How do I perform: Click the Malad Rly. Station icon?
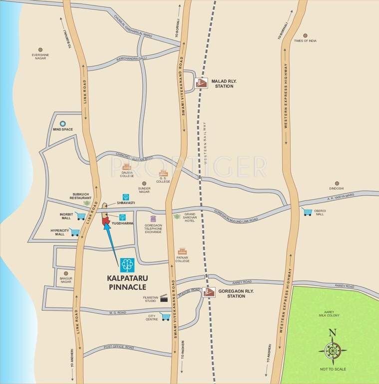(201, 83)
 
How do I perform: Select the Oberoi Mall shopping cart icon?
(308, 212)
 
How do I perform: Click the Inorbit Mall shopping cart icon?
(81, 216)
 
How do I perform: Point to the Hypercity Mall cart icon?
(75, 231)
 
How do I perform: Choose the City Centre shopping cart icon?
(165, 316)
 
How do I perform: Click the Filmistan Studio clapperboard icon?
(163, 299)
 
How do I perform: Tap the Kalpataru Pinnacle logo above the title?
(127, 264)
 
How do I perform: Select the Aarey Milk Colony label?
(329, 313)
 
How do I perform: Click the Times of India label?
(305, 40)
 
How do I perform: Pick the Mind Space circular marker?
(63, 123)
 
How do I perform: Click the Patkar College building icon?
(182, 251)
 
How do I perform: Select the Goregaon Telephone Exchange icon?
(153, 218)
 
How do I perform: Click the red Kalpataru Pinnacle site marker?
(105, 220)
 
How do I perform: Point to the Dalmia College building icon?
(127, 166)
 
